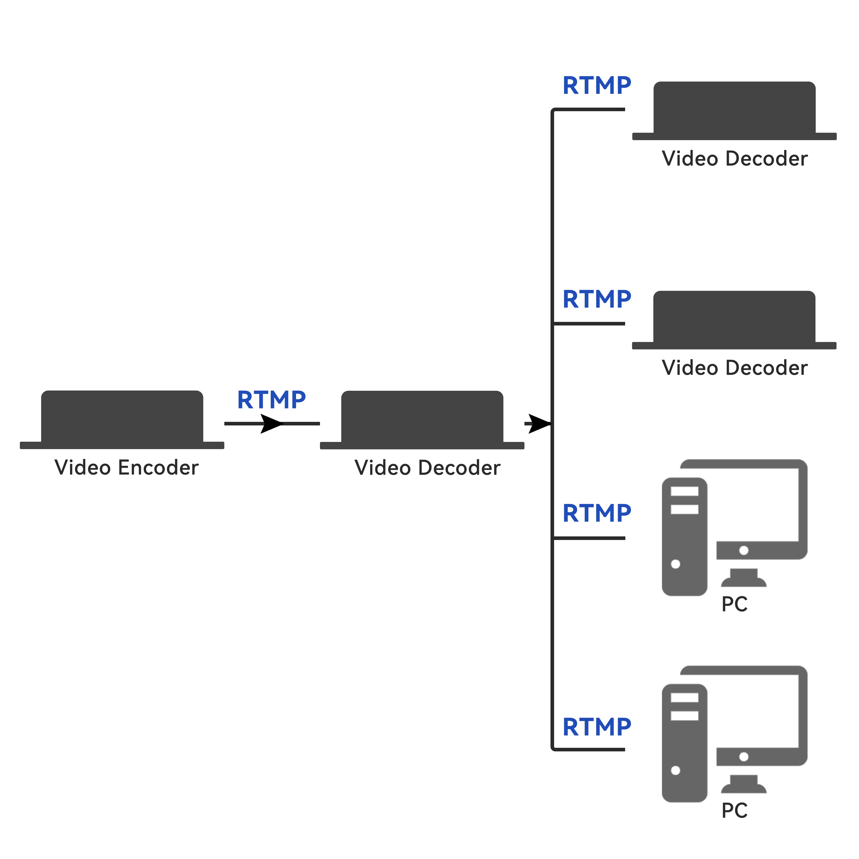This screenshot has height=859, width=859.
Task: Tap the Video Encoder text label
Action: coord(126,468)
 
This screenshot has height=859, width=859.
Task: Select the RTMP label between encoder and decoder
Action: coord(271,400)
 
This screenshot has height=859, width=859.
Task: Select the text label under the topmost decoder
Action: coord(734,159)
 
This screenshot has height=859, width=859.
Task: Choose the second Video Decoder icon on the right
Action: coord(734,320)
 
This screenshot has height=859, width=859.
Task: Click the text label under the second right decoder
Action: coord(734,368)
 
